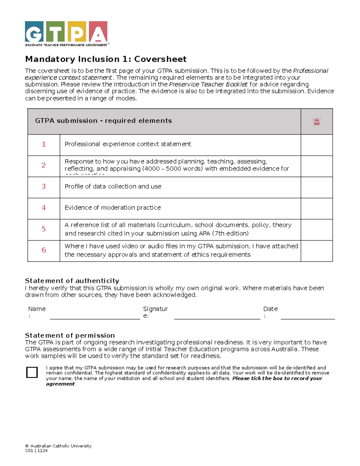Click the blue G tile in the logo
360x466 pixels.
tap(34, 32)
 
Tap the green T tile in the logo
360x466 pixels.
tap(55, 32)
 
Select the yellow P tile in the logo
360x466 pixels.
tap(77, 32)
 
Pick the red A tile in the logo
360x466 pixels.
tap(98, 32)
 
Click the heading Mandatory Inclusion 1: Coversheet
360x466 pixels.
tap(106, 59)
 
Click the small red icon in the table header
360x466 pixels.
tap(316, 122)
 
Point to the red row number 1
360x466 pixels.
tap(44, 144)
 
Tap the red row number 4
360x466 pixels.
tap(44, 208)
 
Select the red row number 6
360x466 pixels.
tap(44, 250)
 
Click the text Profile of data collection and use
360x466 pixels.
tap(113, 186)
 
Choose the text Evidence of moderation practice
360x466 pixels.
tap(112, 208)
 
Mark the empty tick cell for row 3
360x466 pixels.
tap(316, 187)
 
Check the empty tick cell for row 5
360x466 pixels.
tap(316, 230)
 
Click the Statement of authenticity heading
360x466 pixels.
tap(72, 281)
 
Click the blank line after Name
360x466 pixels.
tap(95, 316)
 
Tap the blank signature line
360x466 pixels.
tap(217, 316)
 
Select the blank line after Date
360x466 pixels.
tap(307, 316)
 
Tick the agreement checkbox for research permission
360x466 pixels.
tap(32, 372)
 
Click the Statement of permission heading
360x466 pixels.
tap(70, 335)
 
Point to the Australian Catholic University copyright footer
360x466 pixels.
tap(58, 446)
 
